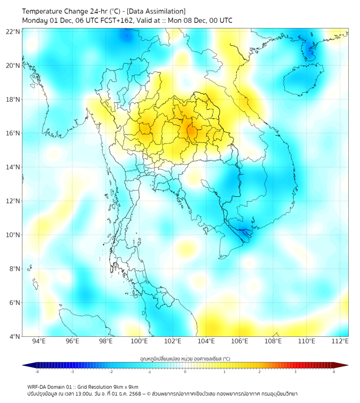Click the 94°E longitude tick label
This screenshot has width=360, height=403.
click(39, 341)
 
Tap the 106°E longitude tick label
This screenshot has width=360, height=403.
click(240, 341)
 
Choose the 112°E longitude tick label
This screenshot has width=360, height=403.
click(340, 341)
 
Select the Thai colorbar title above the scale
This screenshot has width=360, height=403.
click(185, 359)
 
